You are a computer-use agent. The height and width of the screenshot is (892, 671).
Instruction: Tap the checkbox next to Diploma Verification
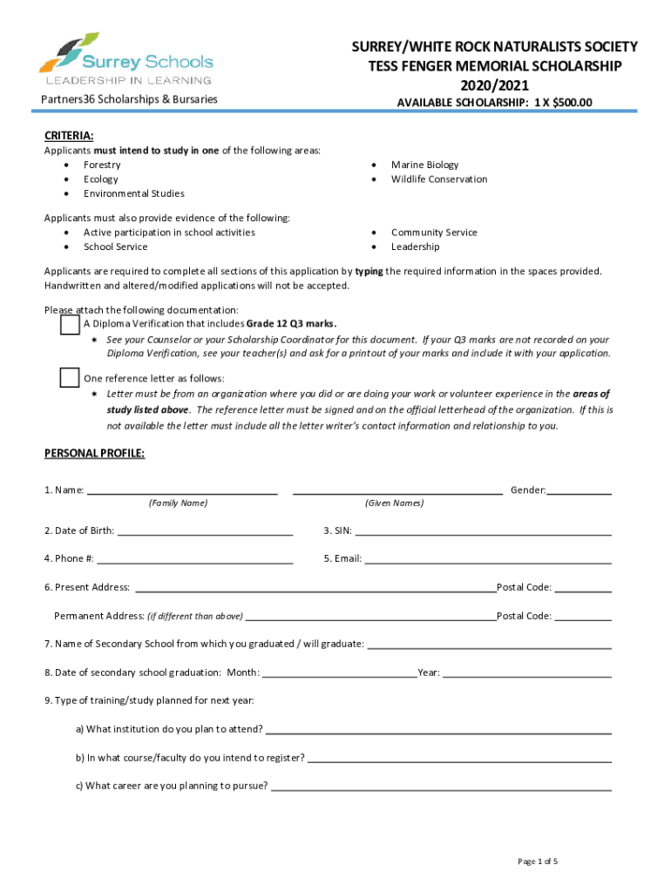pyautogui.click(x=70, y=325)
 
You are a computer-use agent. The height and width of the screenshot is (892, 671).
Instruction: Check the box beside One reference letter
pyautogui.click(x=70, y=378)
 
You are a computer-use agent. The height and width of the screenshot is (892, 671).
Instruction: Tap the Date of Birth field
pyautogui.click(x=205, y=531)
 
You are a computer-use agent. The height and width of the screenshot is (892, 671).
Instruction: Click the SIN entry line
pyautogui.click(x=483, y=531)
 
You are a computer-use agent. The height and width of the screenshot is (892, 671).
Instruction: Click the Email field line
pyautogui.click(x=488, y=559)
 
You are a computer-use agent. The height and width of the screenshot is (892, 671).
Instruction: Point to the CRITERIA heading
pyautogui.click(x=69, y=136)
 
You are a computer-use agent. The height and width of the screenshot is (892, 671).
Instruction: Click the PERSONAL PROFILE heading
pyautogui.click(x=94, y=454)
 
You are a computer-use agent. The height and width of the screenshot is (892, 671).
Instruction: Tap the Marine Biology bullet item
pyautogui.click(x=424, y=165)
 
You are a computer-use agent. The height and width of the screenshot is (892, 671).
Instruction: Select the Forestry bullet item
pyautogui.click(x=102, y=165)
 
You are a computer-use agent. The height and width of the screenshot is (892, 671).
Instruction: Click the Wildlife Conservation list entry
pyautogui.click(x=439, y=179)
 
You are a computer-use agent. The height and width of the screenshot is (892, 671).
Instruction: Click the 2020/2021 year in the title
pyautogui.click(x=494, y=84)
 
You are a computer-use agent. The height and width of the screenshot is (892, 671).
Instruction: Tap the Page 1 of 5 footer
pyautogui.click(x=537, y=862)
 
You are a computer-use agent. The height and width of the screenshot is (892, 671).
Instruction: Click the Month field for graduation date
pyautogui.click(x=339, y=672)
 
